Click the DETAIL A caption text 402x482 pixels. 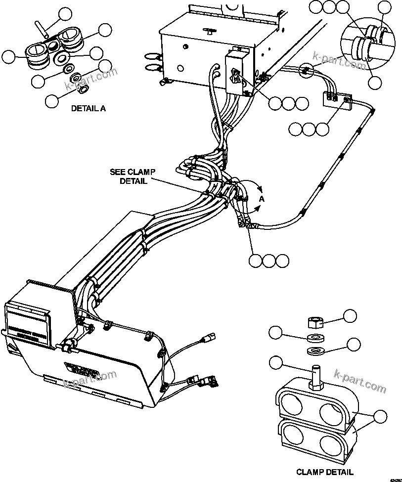tap(88, 108)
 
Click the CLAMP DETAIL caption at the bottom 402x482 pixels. tap(324, 472)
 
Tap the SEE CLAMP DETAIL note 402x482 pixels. tap(133, 176)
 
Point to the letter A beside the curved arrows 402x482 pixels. tap(262, 199)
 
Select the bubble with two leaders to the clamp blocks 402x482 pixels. tap(380, 417)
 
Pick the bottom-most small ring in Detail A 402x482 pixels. tap(84, 89)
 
